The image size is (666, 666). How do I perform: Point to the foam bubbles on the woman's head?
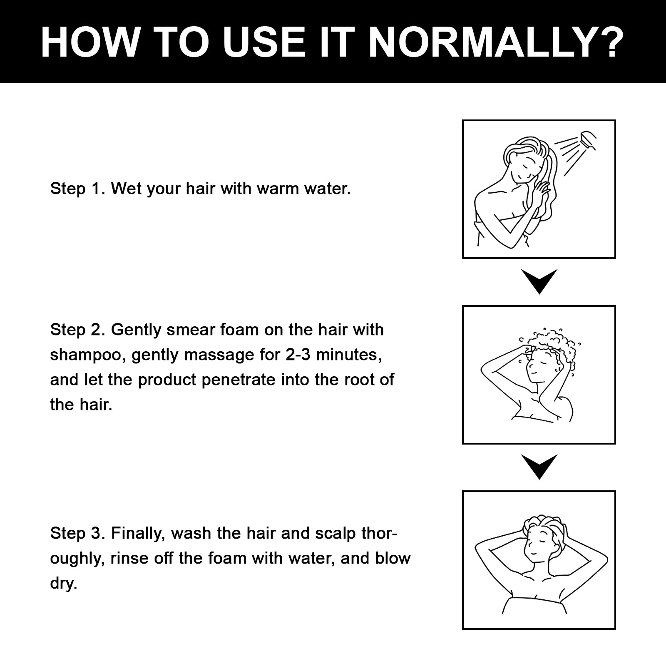pos(552,346)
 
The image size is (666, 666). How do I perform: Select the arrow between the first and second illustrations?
pos(539,281)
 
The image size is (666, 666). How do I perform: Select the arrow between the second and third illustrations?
pos(539,467)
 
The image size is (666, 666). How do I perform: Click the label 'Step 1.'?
pos(77,189)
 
